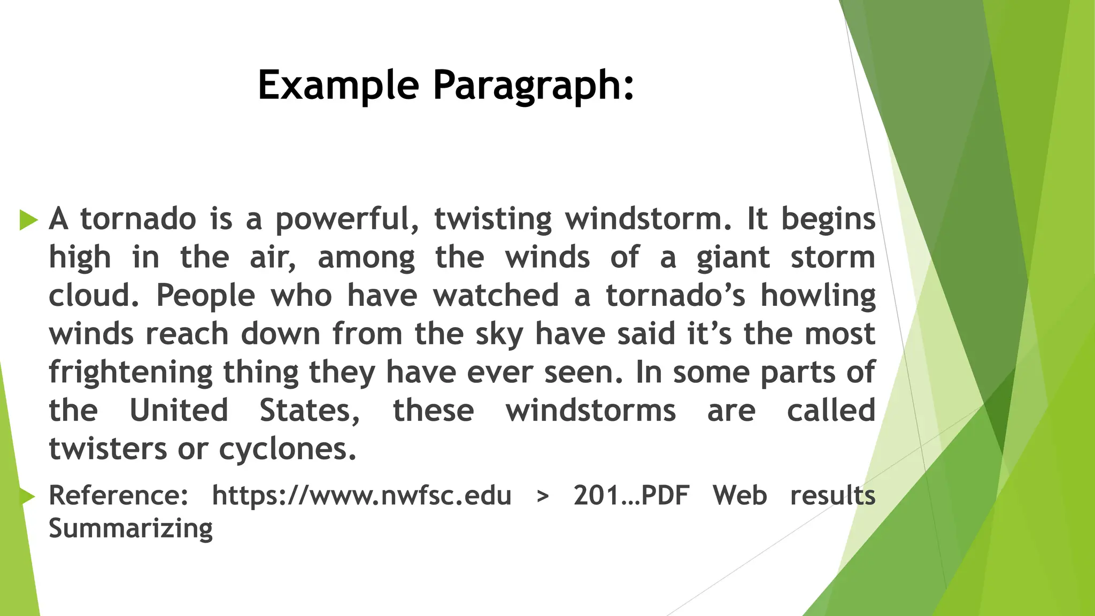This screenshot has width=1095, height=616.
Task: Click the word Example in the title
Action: [338, 86]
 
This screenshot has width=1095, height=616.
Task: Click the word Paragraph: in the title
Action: [533, 86]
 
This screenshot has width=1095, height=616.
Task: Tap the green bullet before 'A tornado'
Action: [28, 220]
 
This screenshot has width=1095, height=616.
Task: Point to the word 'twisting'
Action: [492, 220]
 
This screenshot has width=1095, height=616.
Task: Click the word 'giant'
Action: [733, 258]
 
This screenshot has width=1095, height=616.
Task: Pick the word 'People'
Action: [205, 296]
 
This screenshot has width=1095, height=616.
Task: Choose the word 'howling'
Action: [818, 296]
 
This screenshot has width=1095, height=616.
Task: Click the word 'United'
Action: [179, 411]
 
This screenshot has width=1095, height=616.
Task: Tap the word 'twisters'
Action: [107, 449]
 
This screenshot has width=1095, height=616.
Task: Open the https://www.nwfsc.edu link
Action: [361, 496]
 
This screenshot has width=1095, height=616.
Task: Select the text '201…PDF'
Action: [631, 496]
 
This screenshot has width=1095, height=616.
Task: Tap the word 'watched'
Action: [496, 296]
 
